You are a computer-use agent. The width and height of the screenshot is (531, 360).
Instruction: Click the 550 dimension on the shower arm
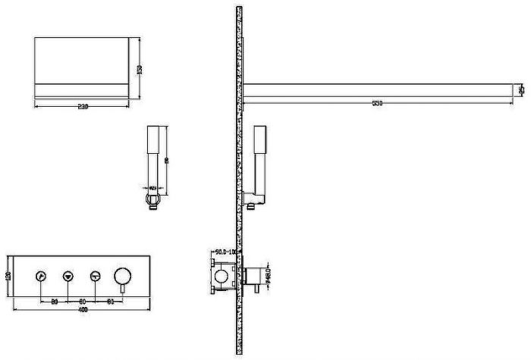coord(377,103)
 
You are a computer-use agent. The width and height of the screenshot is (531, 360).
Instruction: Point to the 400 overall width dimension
coord(82,310)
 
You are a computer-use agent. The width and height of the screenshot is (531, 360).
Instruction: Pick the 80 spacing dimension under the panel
coord(55,301)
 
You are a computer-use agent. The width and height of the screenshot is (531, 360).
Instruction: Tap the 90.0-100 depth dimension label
coord(227,251)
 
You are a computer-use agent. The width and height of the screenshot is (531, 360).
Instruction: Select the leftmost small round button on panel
coord(40,276)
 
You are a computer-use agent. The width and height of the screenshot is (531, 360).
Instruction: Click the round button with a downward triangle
coord(68,276)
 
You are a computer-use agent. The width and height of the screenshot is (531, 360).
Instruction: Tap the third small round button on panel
coord(96,276)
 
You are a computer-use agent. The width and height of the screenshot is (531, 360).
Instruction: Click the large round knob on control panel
coord(122,274)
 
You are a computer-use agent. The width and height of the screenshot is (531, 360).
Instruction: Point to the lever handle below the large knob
coord(122,287)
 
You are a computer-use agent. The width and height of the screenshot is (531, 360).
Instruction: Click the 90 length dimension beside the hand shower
coord(166,159)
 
